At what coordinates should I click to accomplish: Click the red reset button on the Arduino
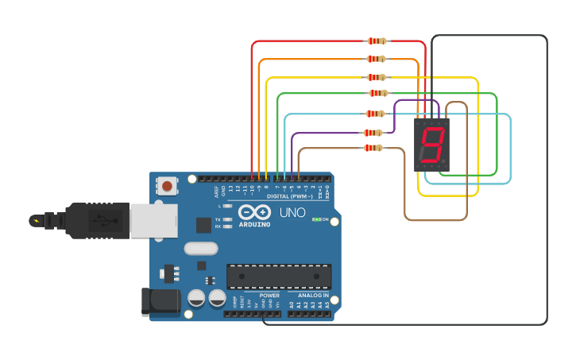167,186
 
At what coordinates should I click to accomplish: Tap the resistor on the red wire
377,41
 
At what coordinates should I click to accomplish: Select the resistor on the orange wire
377,59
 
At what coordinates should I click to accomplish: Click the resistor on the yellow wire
377,77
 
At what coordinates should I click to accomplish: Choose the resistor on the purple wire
373,133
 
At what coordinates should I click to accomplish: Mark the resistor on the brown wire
373,148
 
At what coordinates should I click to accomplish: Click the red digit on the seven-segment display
431,145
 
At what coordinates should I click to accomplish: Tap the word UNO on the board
292,213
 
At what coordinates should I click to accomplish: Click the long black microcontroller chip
279,276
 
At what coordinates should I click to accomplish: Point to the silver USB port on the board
153,220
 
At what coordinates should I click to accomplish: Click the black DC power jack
160,300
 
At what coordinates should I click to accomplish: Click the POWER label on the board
269,295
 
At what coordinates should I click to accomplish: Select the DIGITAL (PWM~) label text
289,195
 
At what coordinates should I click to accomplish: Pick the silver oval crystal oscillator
201,248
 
